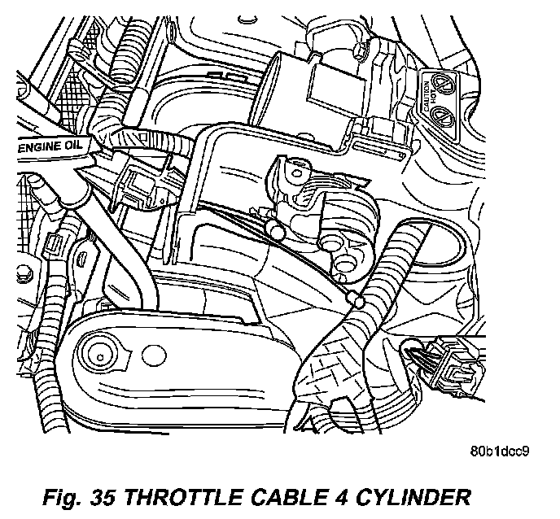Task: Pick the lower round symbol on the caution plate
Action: (x=445, y=115)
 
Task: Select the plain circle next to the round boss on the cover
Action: (x=151, y=355)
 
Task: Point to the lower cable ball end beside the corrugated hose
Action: (x=355, y=302)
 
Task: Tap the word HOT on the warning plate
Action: (x=435, y=98)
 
